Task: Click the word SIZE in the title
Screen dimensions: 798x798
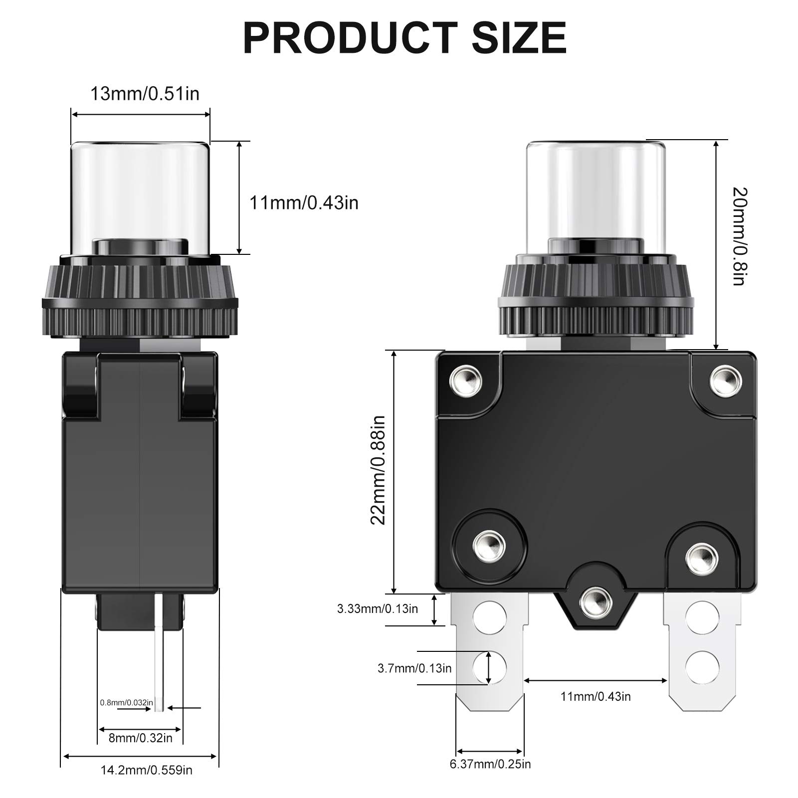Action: pyautogui.click(x=519, y=38)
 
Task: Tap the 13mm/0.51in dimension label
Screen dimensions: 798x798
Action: pyautogui.click(x=145, y=94)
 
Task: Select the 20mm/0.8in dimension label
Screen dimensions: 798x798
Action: pyautogui.click(x=739, y=236)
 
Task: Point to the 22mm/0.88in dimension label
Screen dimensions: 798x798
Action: pyautogui.click(x=378, y=470)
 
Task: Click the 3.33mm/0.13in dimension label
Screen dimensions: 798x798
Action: pyautogui.click(x=378, y=608)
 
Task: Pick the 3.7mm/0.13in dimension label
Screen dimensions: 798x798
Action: pyautogui.click(x=414, y=668)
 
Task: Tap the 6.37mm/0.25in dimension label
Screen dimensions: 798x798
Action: pyautogui.click(x=490, y=764)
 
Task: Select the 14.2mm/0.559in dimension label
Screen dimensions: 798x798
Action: pyautogui.click(x=146, y=770)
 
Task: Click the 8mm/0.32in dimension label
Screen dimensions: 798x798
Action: pyautogui.click(x=141, y=738)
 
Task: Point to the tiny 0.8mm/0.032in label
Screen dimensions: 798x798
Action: pyautogui.click(x=127, y=702)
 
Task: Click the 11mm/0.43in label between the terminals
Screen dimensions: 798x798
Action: pyautogui.click(x=596, y=696)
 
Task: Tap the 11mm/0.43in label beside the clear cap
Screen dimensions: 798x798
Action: pyautogui.click(x=304, y=203)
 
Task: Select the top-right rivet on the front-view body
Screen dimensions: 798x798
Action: pyautogui.click(x=725, y=380)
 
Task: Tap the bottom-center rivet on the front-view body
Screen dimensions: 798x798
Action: pyautogui.click(x=596, y=601)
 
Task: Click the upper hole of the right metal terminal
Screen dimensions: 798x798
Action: pyautogui.click(x=702, y=617)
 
